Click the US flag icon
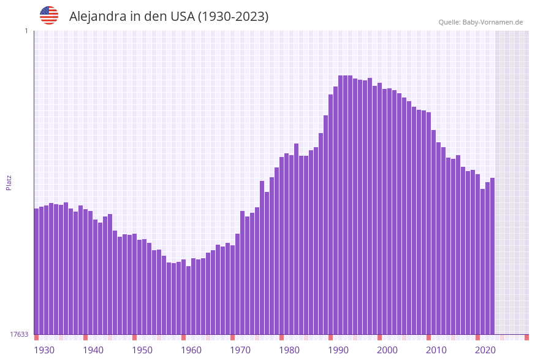(x=49, y=15)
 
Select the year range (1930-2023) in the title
(x=233, y=17)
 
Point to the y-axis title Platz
(x=9, y=182)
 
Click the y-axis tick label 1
(x=26, y=31)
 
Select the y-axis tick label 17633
(x=19, y=334)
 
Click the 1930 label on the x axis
(x=44, y=350)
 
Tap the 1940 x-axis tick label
(x=93, y=350)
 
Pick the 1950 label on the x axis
(x=142, y=350)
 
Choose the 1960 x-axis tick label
(x=191, y=350)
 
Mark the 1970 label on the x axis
(x=240, y=350)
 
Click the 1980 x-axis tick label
(x=289, y=350)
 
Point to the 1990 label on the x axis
(x=338, y=350)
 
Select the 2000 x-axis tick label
(x=387, y=350)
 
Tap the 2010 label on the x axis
(x=436, y=350)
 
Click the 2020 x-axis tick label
(x=485, y=350)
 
